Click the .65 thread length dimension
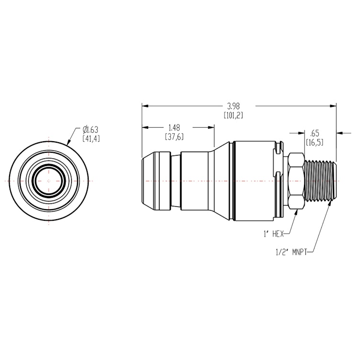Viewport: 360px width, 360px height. coord(315,133)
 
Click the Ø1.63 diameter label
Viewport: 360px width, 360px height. coord(90,129)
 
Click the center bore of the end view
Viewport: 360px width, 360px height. coord(49,181)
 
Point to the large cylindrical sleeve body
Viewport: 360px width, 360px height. coord(254,181)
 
